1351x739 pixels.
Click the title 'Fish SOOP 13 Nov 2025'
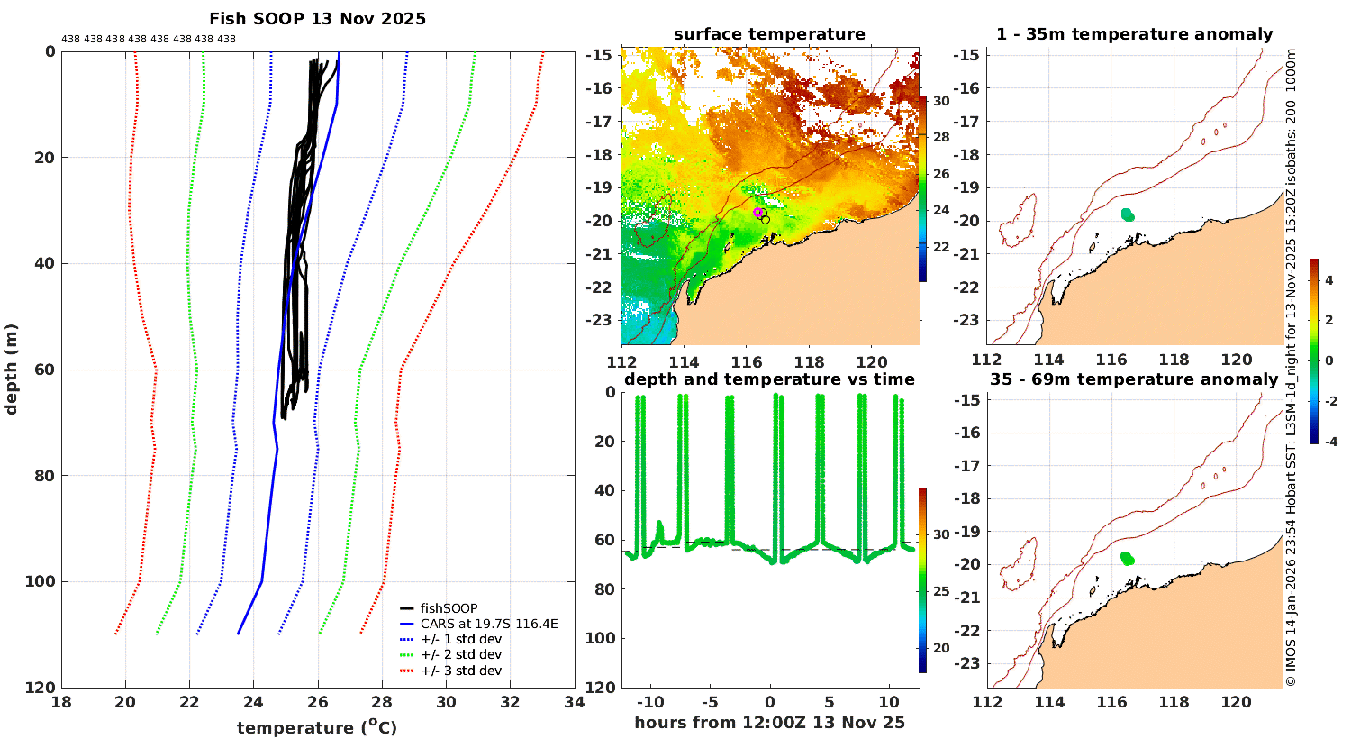pyautogui.click(x=317, y=19)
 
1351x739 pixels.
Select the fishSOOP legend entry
pyautogui.click(x=449, y=608)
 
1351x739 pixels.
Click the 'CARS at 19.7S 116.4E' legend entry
pyautogui.click(x=489, y=624)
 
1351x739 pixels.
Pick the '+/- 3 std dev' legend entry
pyautogui.click(x=460, y=671)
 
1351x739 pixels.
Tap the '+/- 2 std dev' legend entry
pyautogui.click(x=460, y=654)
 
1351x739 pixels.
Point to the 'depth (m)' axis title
pyautogui.click(x=11, y=369)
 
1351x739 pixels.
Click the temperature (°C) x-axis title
pyautogui.click(x=316, y=727)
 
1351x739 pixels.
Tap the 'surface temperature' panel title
pyautogui.click(x=769, y=34)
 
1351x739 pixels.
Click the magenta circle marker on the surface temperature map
pyautogui.click(x=758, y=213)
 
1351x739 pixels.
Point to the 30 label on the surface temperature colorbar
pyautogui.click(x=940, y=101)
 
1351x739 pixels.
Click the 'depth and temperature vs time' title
pyautogui.click(x=769, y=379)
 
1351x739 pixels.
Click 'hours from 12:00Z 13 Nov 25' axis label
pyautogui.click(x=769, y=723)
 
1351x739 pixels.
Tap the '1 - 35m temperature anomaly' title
pyautogui.click(x=1134, y=34)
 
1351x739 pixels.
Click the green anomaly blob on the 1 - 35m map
pyautogui.click(x=1128, y=214)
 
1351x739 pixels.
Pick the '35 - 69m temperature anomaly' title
pyautogui.click(x=1134, y=379)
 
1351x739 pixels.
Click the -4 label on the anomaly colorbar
pyautogui.click(x=1329, y=442)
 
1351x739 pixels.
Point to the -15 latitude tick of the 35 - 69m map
pyautogui.click(x=967, y=399)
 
